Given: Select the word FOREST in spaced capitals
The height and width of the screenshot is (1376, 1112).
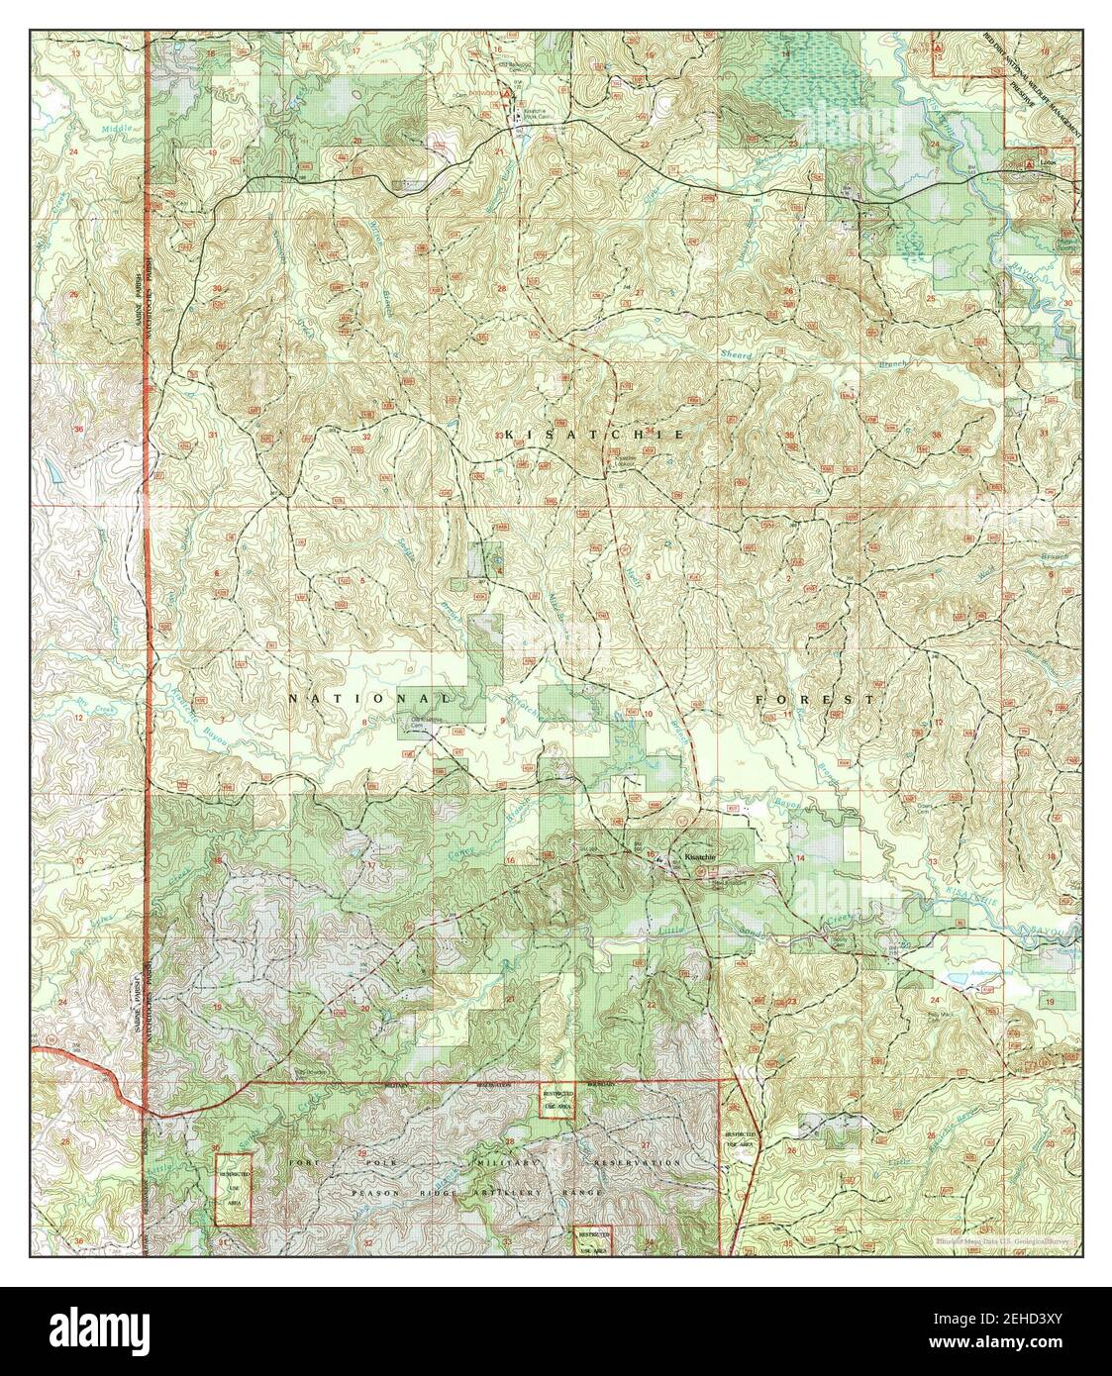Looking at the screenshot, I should click(813, 699).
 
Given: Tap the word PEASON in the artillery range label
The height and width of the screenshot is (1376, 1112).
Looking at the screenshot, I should click(373, 1195).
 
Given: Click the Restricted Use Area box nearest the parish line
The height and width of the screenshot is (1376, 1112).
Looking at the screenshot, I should click(234, 1187).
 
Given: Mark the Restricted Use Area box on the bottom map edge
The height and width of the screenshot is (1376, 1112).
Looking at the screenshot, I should click(593, 1240).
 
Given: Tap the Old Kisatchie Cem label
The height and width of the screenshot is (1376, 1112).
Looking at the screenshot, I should click(426, 721).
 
